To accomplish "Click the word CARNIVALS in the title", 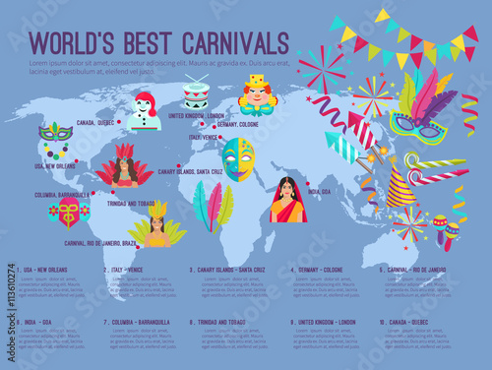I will click(x=211, y=42).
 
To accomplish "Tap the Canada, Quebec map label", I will click(x=94, y=123).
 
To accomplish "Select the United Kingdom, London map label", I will click(x=200, y=115).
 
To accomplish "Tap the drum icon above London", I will click(x=197, y=92).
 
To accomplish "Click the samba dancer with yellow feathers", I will click(x=157, y=225).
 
